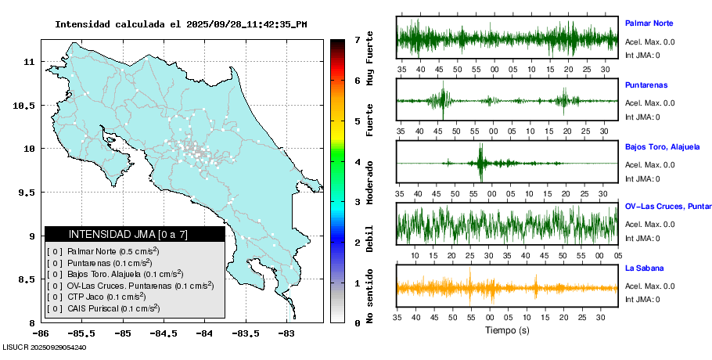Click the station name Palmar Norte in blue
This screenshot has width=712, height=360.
pos(649,23)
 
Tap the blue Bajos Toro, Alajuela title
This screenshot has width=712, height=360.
pos(662,146)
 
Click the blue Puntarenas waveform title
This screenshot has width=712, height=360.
pos(646,85)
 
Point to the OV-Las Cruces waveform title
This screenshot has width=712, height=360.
pos(666,207)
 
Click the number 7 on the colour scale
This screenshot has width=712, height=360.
pos(357,39)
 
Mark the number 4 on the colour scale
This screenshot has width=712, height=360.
pos(357,162)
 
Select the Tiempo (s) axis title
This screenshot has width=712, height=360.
pos(508,330)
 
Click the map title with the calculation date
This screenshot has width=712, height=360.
pos(181,24)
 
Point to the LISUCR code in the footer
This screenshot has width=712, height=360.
pos(44,347)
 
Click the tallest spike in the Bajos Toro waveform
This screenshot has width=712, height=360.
pos(481,163)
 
